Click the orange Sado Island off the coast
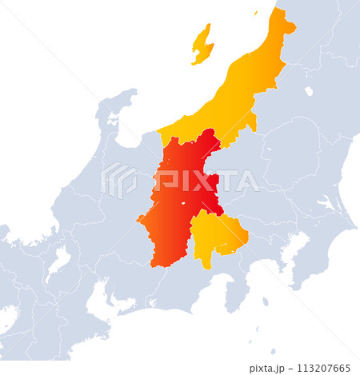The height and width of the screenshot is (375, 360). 202,46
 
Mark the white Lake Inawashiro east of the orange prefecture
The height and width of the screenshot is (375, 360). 309,91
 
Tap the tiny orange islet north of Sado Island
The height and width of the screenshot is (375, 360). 255,13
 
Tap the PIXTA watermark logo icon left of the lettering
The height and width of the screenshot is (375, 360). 119,180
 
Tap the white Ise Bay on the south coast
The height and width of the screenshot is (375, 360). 101,301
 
